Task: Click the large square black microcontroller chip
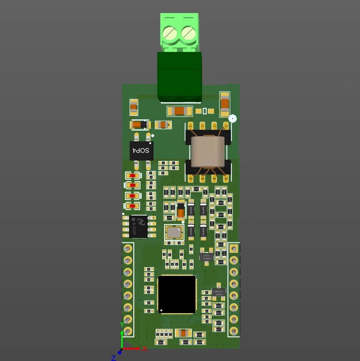coord(177,294)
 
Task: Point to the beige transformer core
coord(208,152)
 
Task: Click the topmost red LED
coord(133,175)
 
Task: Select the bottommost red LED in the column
coord(133,206)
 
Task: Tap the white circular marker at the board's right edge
coord(232,118)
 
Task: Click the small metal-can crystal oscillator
coord(174,232)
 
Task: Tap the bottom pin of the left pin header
coord(128,331)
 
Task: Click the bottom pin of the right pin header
coord(233,331)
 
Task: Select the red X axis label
coord(145,349)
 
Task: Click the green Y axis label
coord(122,324)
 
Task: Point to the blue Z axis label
coord(114,357)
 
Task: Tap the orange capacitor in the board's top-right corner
coord(225,102)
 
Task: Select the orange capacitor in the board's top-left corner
coord(133,106)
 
